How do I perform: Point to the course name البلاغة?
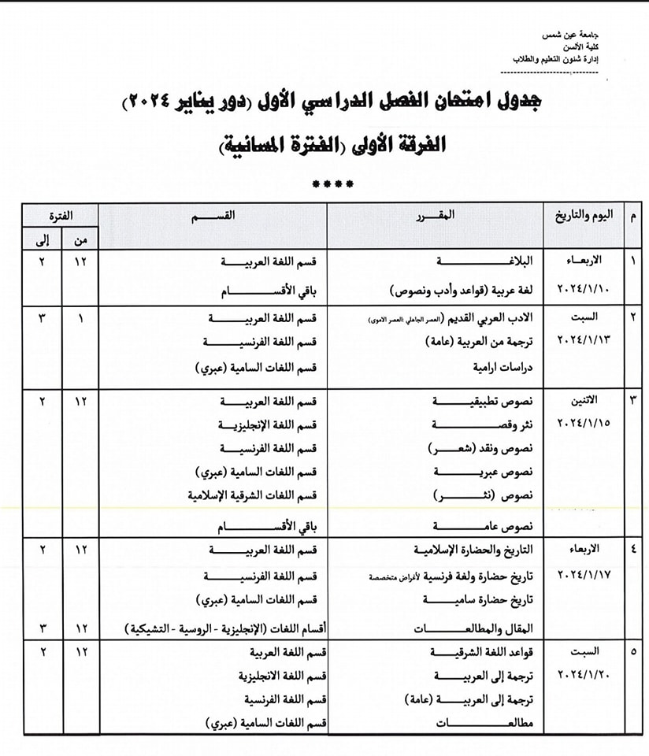[x=447, y=261]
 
